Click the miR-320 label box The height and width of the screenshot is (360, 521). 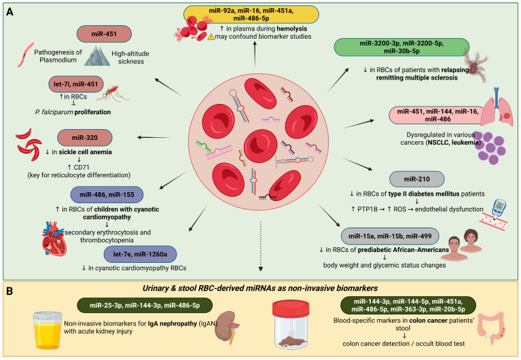(x=85, y=138)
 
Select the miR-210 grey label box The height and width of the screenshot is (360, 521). (x=416, y=179)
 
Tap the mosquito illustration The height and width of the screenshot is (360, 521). (x=113, y=94)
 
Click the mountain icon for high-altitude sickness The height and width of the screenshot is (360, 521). (x=97, y=56)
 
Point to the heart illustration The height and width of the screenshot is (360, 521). (x=54, y=238)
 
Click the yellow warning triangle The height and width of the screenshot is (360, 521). (x=211, y=37)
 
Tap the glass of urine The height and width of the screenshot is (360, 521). (x=48, y=330)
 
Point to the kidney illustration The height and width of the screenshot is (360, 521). (x=227, y=326)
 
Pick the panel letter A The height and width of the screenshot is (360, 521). (x=10, y=12)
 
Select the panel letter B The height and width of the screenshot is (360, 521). (x=10, y=291)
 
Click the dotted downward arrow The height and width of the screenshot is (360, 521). (x=261, y=247)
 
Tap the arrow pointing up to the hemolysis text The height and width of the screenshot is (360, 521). (x=255, y=54)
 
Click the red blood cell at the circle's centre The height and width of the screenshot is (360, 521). (x=261, y=146)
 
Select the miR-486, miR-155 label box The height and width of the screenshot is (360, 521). (x=107, y=195)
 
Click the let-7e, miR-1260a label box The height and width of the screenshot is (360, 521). (x=140, y=254)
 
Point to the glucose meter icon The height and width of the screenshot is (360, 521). (x=499, y=209)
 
